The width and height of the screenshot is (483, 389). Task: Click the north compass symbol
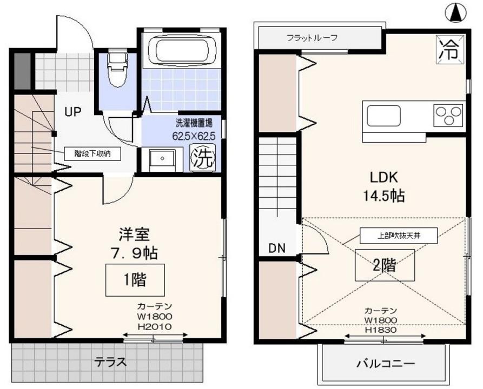click(456, 13)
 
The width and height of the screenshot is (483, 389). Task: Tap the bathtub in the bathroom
click(181, 49)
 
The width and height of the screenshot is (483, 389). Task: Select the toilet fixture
click(117, 70)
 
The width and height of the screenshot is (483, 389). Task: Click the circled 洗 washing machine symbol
click(203, 158)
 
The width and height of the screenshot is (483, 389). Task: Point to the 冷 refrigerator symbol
click(450, 50)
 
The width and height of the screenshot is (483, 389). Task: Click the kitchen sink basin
click(383, 116)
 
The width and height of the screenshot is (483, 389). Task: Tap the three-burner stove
click(448, 116)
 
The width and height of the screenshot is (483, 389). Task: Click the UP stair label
click(72, 111)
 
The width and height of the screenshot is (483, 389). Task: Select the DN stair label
click(276, 248)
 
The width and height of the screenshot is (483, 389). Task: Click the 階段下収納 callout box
click(92, 153)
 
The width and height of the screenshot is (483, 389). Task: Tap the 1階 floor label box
click(135, 280)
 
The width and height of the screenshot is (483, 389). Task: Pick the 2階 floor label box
click(385, 265)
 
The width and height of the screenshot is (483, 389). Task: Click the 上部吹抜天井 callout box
click(399, 236)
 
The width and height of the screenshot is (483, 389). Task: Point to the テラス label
click(110, 362)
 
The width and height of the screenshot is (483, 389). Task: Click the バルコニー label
click(385, 364)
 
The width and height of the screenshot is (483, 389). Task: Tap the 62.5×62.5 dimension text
click(194, 136)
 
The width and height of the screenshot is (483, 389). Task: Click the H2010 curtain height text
click(155, 326)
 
